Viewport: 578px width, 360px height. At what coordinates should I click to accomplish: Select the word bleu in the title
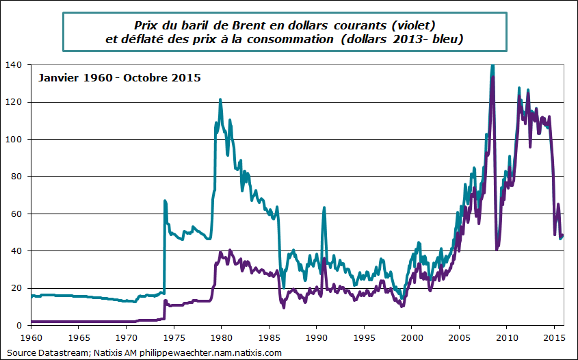coord(447,40)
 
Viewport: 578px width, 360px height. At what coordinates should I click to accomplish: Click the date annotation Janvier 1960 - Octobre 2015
coord(118,77)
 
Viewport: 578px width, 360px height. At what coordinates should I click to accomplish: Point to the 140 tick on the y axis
coord(15,65)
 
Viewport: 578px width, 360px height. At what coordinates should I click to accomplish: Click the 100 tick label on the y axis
coord(15,140)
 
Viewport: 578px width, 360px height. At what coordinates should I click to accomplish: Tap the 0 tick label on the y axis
coord(20,326)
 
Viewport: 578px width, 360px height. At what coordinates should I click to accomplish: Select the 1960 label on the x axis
coord(31,337)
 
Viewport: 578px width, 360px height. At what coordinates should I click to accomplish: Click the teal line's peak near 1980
coord(220,100)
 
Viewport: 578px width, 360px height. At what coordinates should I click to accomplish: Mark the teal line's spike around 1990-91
coord(324,208)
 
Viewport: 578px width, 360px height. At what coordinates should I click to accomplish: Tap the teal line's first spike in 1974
coord(165,201)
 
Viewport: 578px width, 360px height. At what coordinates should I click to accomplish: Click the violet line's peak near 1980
coord(229,250)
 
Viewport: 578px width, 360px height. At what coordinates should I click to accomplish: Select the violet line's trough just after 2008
coord(497,249)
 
